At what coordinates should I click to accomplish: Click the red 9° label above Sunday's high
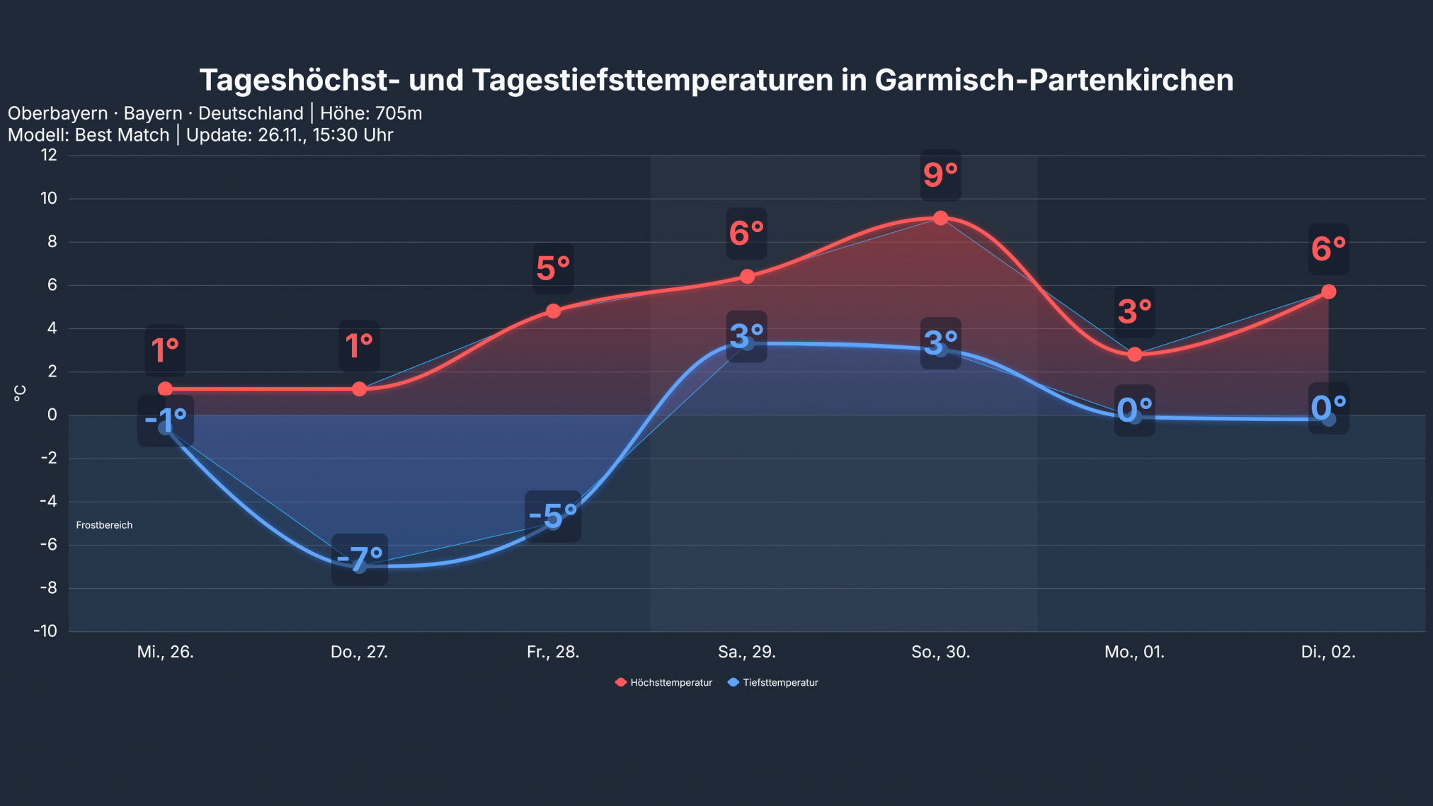point(940,175)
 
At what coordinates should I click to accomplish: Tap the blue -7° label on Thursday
point(359,559)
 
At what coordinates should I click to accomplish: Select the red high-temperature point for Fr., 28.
point(553,311)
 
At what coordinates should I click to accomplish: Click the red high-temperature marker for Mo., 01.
point(1134,354)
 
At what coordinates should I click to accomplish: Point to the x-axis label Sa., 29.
point(746,652)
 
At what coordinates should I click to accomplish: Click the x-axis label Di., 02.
point(1328,652)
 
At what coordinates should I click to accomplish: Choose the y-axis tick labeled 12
point(49,155)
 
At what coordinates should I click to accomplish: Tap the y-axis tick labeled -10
point(45,631)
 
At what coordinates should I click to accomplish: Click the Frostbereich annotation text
point(104,525)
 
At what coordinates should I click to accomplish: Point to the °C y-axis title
point(20,393)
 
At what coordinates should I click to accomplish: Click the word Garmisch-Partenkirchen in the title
point(1054,80)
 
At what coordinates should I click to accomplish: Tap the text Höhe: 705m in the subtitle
point(371,113)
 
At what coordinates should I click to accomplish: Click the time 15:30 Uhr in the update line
point(353,135)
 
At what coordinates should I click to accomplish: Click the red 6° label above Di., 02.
point(1328,249)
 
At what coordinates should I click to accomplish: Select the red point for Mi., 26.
point(165,388)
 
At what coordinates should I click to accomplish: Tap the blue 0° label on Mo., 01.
point(1134,410)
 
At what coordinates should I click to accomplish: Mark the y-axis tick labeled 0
point(52,415)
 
